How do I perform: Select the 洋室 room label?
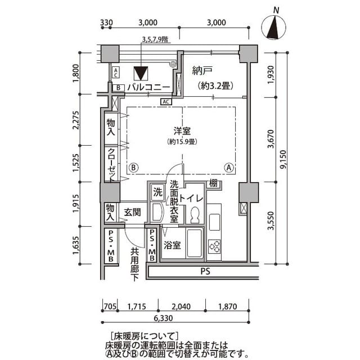point(181,131)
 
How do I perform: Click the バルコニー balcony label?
point(148,87)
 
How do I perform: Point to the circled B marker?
point(133,167)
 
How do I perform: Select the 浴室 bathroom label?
point(172,245)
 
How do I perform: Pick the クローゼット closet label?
point(111,164)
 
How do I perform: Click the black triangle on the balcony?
point(141,73)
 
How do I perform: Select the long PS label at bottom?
point(203,272)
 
